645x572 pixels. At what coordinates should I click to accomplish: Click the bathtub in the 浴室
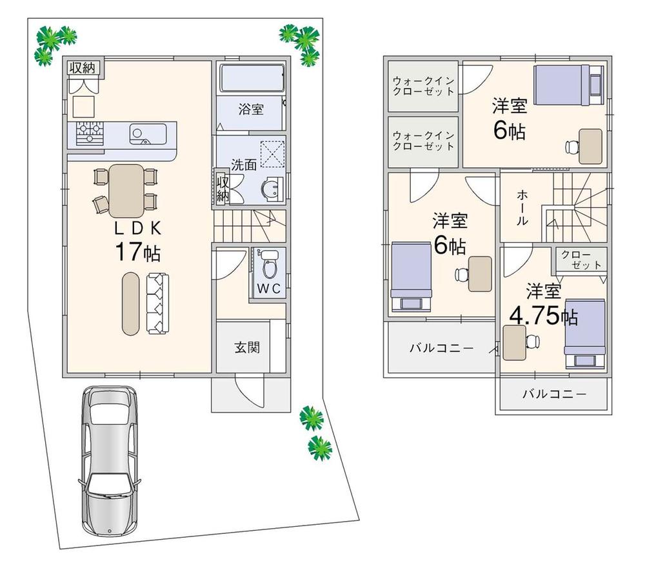pyautogui.click(x=250, y=79)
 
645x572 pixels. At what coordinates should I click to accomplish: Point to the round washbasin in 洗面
pyautogui.click(x=271, y=189)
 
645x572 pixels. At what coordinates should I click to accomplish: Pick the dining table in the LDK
pyautogui.click(x=126, y=190)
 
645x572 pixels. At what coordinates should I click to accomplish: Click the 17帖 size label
pyautogui.click(x=137, y=251)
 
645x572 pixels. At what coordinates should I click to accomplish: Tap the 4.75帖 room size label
pyautogui.click(x=543, y=316)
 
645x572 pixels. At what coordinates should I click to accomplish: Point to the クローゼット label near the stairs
pyautogui.click(x=580, y=260)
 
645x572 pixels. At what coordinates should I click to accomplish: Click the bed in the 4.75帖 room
pyautogui.click(x=584, y=334)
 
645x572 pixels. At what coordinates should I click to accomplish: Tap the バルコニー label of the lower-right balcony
pyautogui.click(x=553, y=393)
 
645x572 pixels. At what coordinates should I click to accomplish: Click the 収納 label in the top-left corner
pyautogui.click(x=82, y=66)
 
